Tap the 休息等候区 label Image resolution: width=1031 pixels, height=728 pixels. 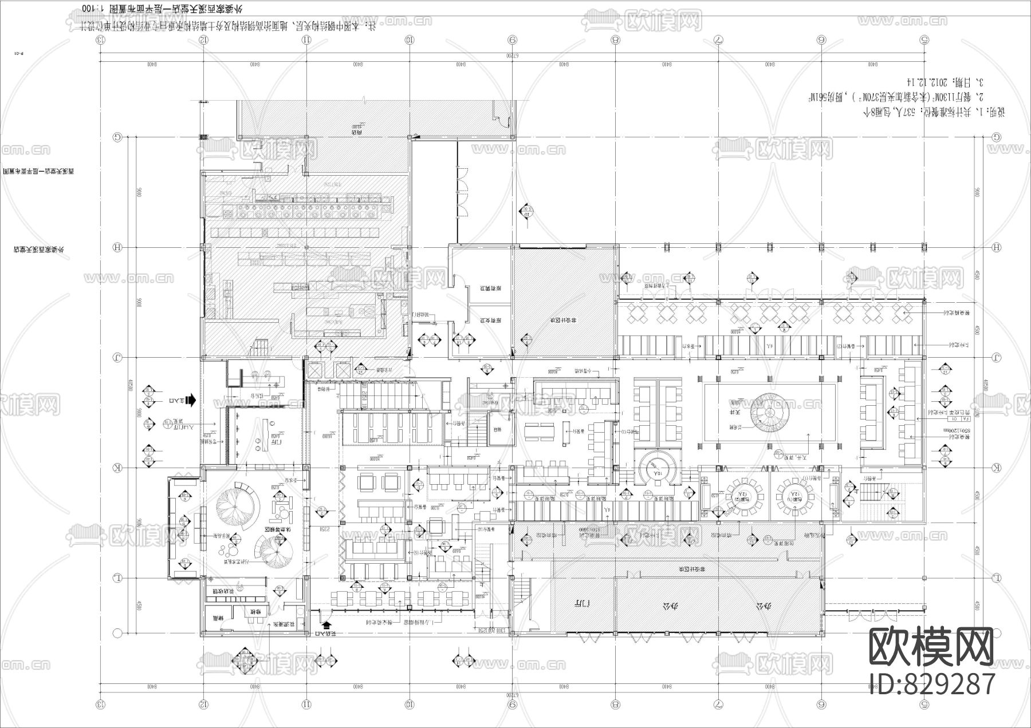click(x=277, y=531)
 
